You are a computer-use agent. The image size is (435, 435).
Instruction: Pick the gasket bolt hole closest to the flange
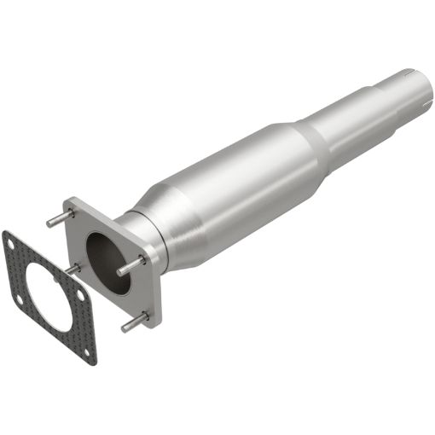pos(80,293)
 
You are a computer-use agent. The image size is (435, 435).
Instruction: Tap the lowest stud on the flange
pos(131,325)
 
